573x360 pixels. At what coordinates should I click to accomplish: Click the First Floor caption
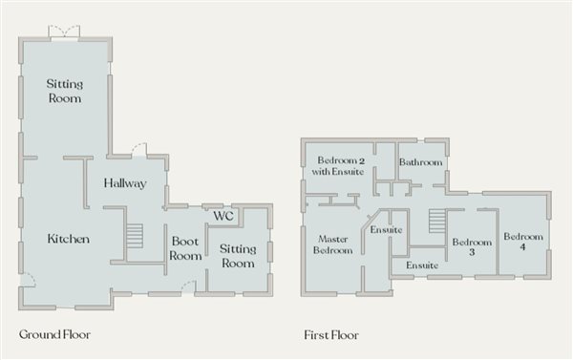[331, 335]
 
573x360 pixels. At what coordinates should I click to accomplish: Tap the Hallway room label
[125, 183]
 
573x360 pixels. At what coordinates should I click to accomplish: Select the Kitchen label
[69, 239]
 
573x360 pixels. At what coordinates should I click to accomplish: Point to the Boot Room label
[185, 248]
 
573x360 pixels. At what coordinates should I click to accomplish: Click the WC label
[223, 217]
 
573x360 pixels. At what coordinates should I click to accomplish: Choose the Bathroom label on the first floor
[421, 163]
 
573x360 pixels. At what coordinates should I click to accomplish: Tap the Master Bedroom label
[333, 244]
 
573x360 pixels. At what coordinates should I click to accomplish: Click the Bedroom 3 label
[471, 248]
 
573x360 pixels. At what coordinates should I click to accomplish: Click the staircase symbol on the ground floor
[135, 235]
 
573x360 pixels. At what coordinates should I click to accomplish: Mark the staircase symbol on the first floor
[437, 222]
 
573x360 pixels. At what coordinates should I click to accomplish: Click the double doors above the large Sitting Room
[65, 32]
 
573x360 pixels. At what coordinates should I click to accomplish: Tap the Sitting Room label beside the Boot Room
[238, 256]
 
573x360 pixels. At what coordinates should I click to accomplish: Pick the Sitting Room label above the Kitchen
[65, 92]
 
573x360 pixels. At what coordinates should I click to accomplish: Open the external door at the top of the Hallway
[139, 149]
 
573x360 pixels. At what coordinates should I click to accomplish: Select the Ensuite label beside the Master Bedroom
[386, 230]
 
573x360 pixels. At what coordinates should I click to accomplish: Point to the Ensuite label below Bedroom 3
[422, 265]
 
